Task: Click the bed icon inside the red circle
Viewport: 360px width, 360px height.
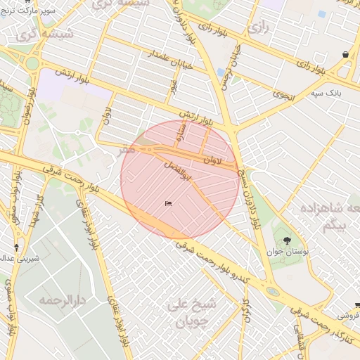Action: (x=168, y=204)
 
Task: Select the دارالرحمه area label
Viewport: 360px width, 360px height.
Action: (x=61, y=301)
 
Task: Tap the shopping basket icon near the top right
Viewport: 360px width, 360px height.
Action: (x=346, y=54)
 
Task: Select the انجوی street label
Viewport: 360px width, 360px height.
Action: (x=284, y=89)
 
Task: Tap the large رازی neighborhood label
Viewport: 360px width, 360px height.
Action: (x=257, y=29)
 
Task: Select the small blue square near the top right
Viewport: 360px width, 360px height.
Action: (x=321, y=13)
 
